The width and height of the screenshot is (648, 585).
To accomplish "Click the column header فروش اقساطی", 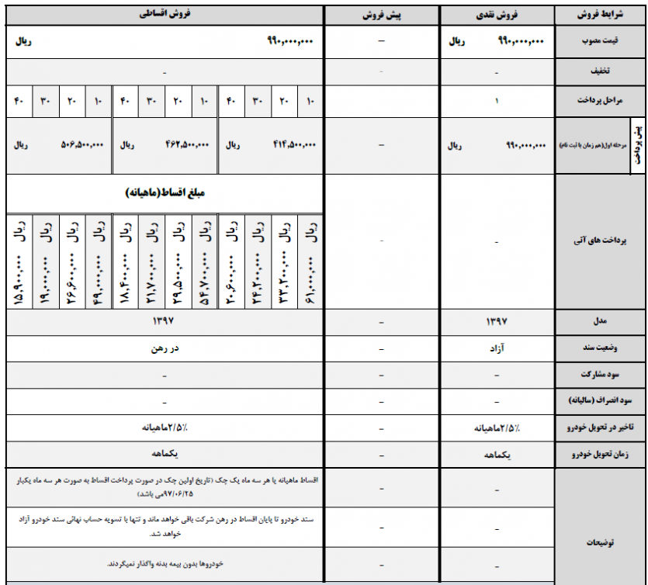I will [x=165, y=15].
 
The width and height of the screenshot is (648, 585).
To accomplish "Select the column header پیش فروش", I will [x=381, y=15].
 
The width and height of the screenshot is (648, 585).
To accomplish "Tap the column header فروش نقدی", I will [x=497, y=15].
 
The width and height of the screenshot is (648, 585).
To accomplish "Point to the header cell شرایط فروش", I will [x=601, y=15].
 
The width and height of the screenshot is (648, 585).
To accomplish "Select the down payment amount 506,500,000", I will [x=82, y=145].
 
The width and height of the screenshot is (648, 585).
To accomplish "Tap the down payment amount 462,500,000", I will [x=188, y=145].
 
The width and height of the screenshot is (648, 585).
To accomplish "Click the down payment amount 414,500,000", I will [x=293, y=145].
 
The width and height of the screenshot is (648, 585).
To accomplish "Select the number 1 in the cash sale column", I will [x=497, y=101].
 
